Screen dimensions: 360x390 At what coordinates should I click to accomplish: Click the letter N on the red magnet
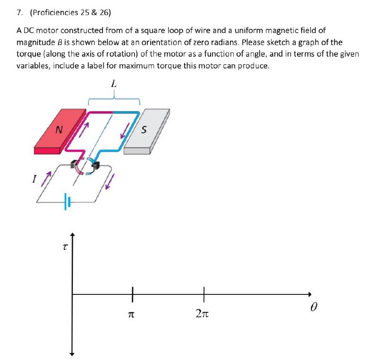tap(58, 129)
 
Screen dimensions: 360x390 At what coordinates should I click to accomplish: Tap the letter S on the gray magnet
tap(144, 129)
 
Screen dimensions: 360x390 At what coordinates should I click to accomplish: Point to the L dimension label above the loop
tap(113, 84)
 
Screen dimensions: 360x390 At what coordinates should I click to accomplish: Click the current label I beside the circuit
tap(34, 179)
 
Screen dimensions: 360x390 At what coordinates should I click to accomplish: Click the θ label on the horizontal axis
tap(314, 307)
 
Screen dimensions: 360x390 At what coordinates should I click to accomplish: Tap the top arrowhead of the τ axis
tap(72, 234)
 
